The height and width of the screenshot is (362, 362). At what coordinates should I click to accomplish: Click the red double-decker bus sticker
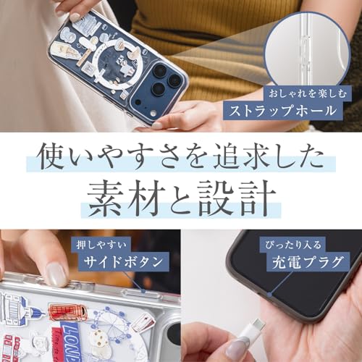68,312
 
